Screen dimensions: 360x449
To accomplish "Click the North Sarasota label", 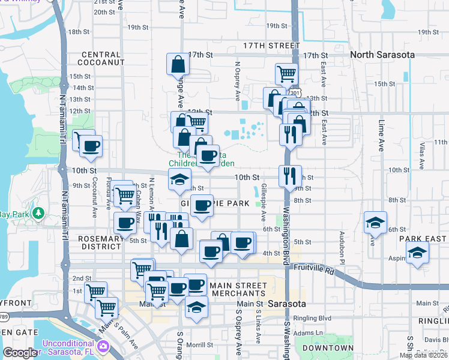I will coord(382,55).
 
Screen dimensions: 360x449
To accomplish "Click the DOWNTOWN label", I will coord(328,348).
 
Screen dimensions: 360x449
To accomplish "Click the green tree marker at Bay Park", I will coord(38,212).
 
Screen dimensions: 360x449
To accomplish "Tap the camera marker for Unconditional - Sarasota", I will coord(103,347).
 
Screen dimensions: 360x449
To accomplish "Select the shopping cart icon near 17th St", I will coord(287,74).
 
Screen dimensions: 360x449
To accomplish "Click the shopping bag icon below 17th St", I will coord(178,64).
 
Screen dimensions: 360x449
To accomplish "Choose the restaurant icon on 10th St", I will coord(290,176).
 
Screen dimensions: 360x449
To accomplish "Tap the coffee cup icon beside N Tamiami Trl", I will coord(91,145).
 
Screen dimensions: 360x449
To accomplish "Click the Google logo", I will coord(21,353).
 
